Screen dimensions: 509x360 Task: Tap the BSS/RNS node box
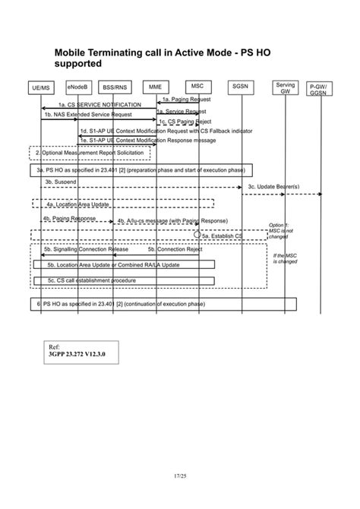(115, 87)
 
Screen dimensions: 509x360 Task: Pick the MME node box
(155, 87)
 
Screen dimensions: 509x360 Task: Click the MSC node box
(197, 87)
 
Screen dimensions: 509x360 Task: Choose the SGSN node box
(241, 87)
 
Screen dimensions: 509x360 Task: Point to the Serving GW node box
(286, 88)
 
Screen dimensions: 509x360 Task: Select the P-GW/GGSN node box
(318, 90)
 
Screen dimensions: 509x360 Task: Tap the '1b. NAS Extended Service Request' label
(87, 115)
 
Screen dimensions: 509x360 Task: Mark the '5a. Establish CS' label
(222, 236)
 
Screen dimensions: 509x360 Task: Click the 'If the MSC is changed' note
(285, 258)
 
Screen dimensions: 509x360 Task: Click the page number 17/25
(179, 476)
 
